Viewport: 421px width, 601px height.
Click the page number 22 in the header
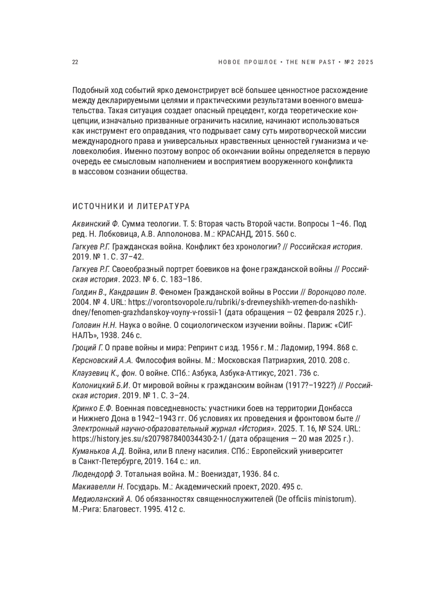click(x=75, y=62)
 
